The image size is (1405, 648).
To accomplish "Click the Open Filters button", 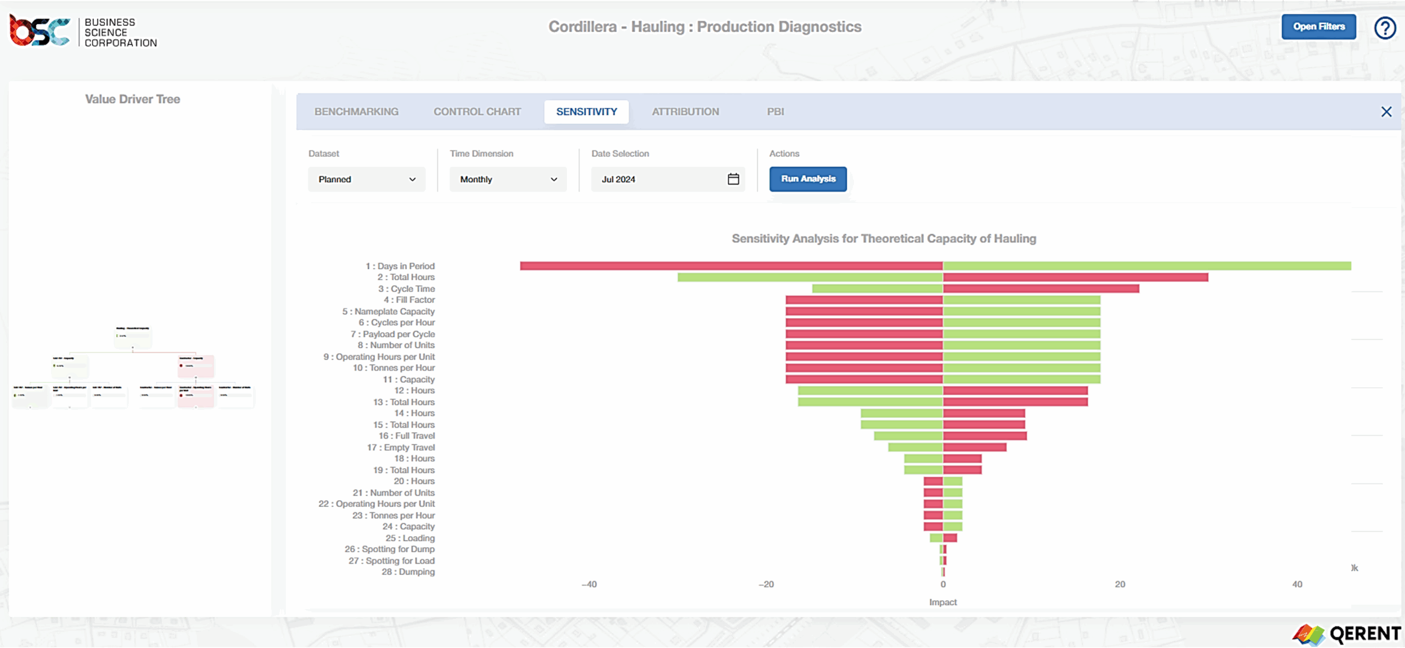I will [1318, 27].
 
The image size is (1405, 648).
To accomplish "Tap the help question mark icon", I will [1385, 28].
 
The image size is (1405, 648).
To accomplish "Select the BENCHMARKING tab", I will [356, 112].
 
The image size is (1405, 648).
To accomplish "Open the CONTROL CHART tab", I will [477, 112].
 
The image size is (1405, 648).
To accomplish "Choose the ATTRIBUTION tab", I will [685, 112].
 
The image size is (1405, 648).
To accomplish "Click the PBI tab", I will [775, 112].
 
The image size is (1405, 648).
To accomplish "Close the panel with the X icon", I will [1386, 112].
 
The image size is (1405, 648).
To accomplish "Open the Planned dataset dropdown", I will [367, 179].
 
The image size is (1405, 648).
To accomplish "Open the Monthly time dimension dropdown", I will [508, 179].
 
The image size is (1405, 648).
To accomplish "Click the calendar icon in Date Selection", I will [733, 179].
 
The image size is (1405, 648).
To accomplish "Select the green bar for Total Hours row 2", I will [810, 278].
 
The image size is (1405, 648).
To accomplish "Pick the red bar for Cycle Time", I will [1041, 289].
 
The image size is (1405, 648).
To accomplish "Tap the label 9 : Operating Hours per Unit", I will [379, 357].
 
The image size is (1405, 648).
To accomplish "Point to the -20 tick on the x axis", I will [766, 584].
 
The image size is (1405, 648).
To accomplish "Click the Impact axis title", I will [942, 602].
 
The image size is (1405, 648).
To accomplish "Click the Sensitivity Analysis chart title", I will [884, 239].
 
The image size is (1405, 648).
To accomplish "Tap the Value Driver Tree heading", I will [132, 99].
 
